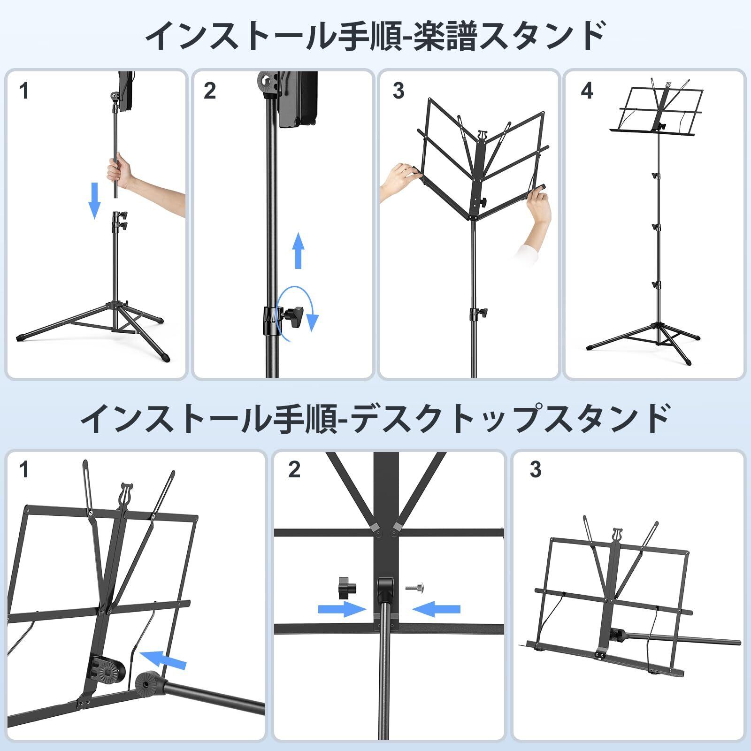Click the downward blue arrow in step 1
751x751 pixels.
click(95, 200)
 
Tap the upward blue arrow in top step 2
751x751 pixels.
click(298, 251)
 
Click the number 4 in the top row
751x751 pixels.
click(587, 91)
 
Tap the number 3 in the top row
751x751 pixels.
click(398, 91)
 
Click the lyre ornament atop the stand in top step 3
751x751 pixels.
click(481, 136)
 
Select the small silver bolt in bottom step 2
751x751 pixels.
click(412, 587)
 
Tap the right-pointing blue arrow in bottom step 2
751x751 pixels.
click(342, 609)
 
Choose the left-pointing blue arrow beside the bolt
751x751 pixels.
click(437, 609)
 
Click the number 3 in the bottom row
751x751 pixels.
click(536, 470)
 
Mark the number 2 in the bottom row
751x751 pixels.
click(294, 470)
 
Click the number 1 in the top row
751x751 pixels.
click(24, 91)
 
